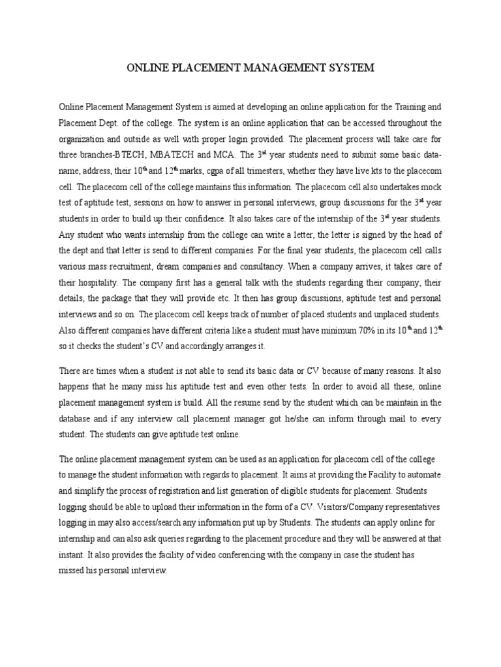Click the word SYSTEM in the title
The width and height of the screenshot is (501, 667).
pos(349,67)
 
